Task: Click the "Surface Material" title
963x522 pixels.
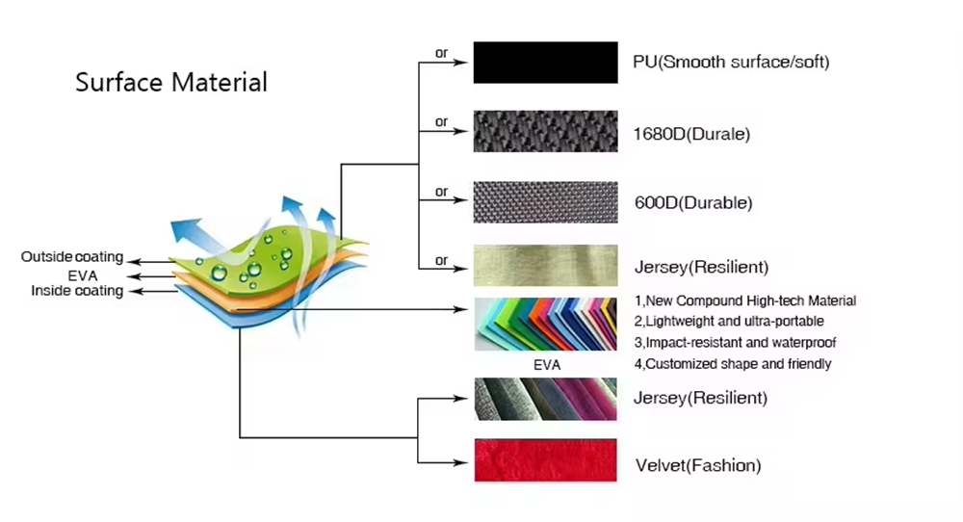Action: (171, 82)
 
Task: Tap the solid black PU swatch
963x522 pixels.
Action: (545, 63)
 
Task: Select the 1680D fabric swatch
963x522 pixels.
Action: (545, 131)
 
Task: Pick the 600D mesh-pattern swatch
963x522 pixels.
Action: (545, 202)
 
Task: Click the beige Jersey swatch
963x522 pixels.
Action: (545, 265)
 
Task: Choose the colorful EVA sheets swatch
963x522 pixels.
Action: (545, 325)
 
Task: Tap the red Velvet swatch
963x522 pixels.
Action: (545, 460)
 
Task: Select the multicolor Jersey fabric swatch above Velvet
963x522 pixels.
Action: (545, 399)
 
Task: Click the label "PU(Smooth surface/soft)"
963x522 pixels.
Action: (731, 62)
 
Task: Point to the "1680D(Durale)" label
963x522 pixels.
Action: (691, 134)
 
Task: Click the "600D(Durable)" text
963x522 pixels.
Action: (693, 202)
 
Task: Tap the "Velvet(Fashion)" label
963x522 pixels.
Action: (698, 465)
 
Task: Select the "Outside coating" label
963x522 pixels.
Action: (72, 257)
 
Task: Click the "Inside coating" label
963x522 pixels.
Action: (77, 291)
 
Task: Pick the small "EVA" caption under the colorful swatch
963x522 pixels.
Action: (547, 365)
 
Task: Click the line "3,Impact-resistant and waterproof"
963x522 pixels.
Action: (735, 343)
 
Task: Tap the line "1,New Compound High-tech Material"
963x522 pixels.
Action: (745, 300)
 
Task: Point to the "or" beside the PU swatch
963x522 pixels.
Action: (442, 53)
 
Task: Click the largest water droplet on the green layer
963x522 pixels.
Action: (219, 273)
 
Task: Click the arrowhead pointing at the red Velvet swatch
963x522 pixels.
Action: (460, 462)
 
